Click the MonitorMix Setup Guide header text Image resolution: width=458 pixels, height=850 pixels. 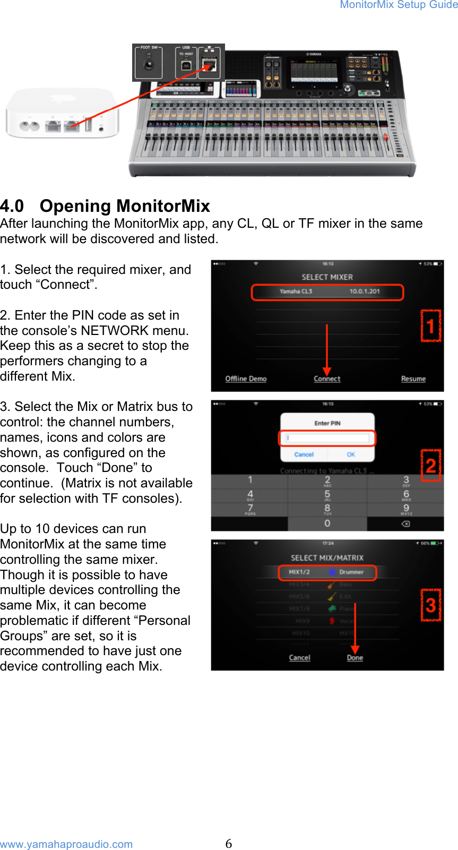(x=399, y=5)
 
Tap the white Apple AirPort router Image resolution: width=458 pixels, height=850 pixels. (x=62, y=113)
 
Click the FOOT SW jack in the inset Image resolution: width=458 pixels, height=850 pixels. (x=148, y=65)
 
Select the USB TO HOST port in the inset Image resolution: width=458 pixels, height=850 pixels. (x=186, y=65)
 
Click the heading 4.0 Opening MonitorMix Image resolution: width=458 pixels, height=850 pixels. (x=105, y=205)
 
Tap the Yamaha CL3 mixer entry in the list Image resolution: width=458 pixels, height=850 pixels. (x=327, y=291)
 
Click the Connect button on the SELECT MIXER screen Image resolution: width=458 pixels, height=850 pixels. (x=327, y=379)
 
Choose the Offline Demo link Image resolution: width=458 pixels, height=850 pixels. (x=246, y=379)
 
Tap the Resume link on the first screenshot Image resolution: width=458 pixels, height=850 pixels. (x=413, y=379)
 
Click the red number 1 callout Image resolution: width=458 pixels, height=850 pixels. (x=430, y=326)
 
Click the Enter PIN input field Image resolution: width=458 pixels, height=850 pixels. (x=327, y=438)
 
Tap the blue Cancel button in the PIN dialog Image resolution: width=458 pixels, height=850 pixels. (x=304, y=454)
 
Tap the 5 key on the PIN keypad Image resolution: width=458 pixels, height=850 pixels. (x=327, y=495)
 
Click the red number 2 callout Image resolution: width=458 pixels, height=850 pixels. (x=430, y=466)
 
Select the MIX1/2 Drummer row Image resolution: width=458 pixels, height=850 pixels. (x=327, y=572)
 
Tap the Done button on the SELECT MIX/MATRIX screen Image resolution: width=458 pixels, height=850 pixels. (x=355, y=657)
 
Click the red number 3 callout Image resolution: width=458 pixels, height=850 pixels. (x=430, y=605)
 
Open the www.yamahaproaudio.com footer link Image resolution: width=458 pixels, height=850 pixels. (x=66, y=844)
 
